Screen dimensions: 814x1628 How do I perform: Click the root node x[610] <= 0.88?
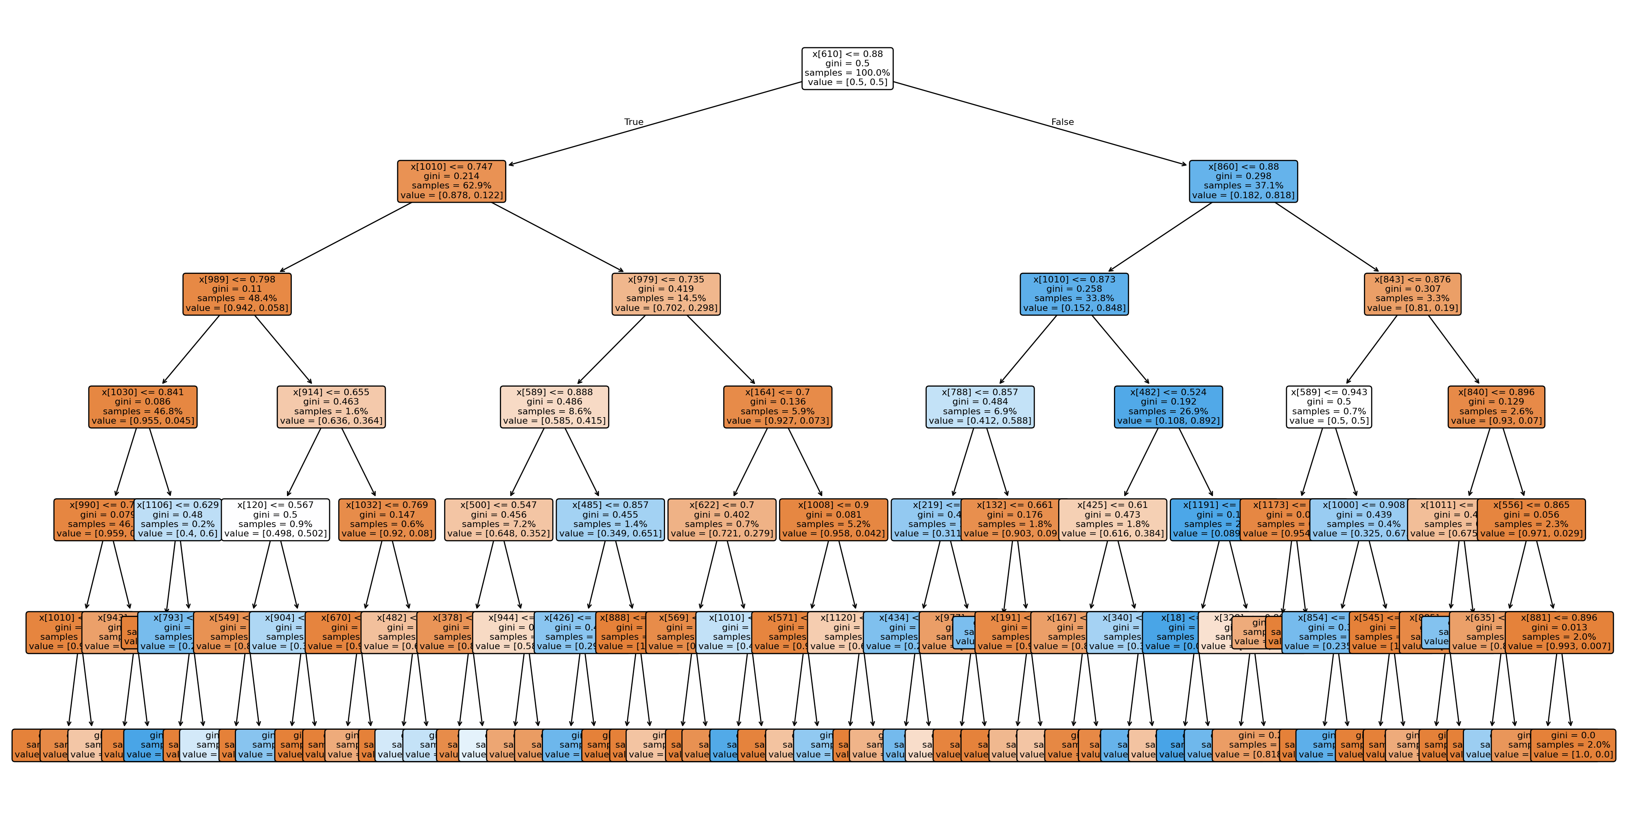tap(847, 68)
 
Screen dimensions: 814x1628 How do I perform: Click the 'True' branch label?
tap(633, 122)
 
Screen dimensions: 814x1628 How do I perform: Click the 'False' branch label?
tap(1062, 122)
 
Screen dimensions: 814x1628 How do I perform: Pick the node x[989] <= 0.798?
tap(237, 294)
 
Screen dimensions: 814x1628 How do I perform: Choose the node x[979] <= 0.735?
tap(666, 294)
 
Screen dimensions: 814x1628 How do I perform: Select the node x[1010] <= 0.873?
tap(1074, 294)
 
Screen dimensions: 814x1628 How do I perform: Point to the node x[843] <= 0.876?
tap(1412, 294)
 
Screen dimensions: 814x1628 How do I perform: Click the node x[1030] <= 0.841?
tap(143, 406)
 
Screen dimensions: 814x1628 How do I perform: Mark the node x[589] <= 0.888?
tap(554, 406)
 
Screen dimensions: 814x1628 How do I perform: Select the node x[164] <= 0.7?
tap(777, 406)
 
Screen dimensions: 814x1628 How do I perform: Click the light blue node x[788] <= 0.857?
tap(980, 406)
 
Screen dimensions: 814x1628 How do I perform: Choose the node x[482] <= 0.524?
tap(1168, 406)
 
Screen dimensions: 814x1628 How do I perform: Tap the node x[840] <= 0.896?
tap(1496, 406)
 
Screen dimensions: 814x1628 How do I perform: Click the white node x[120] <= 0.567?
tap(276, 519)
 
